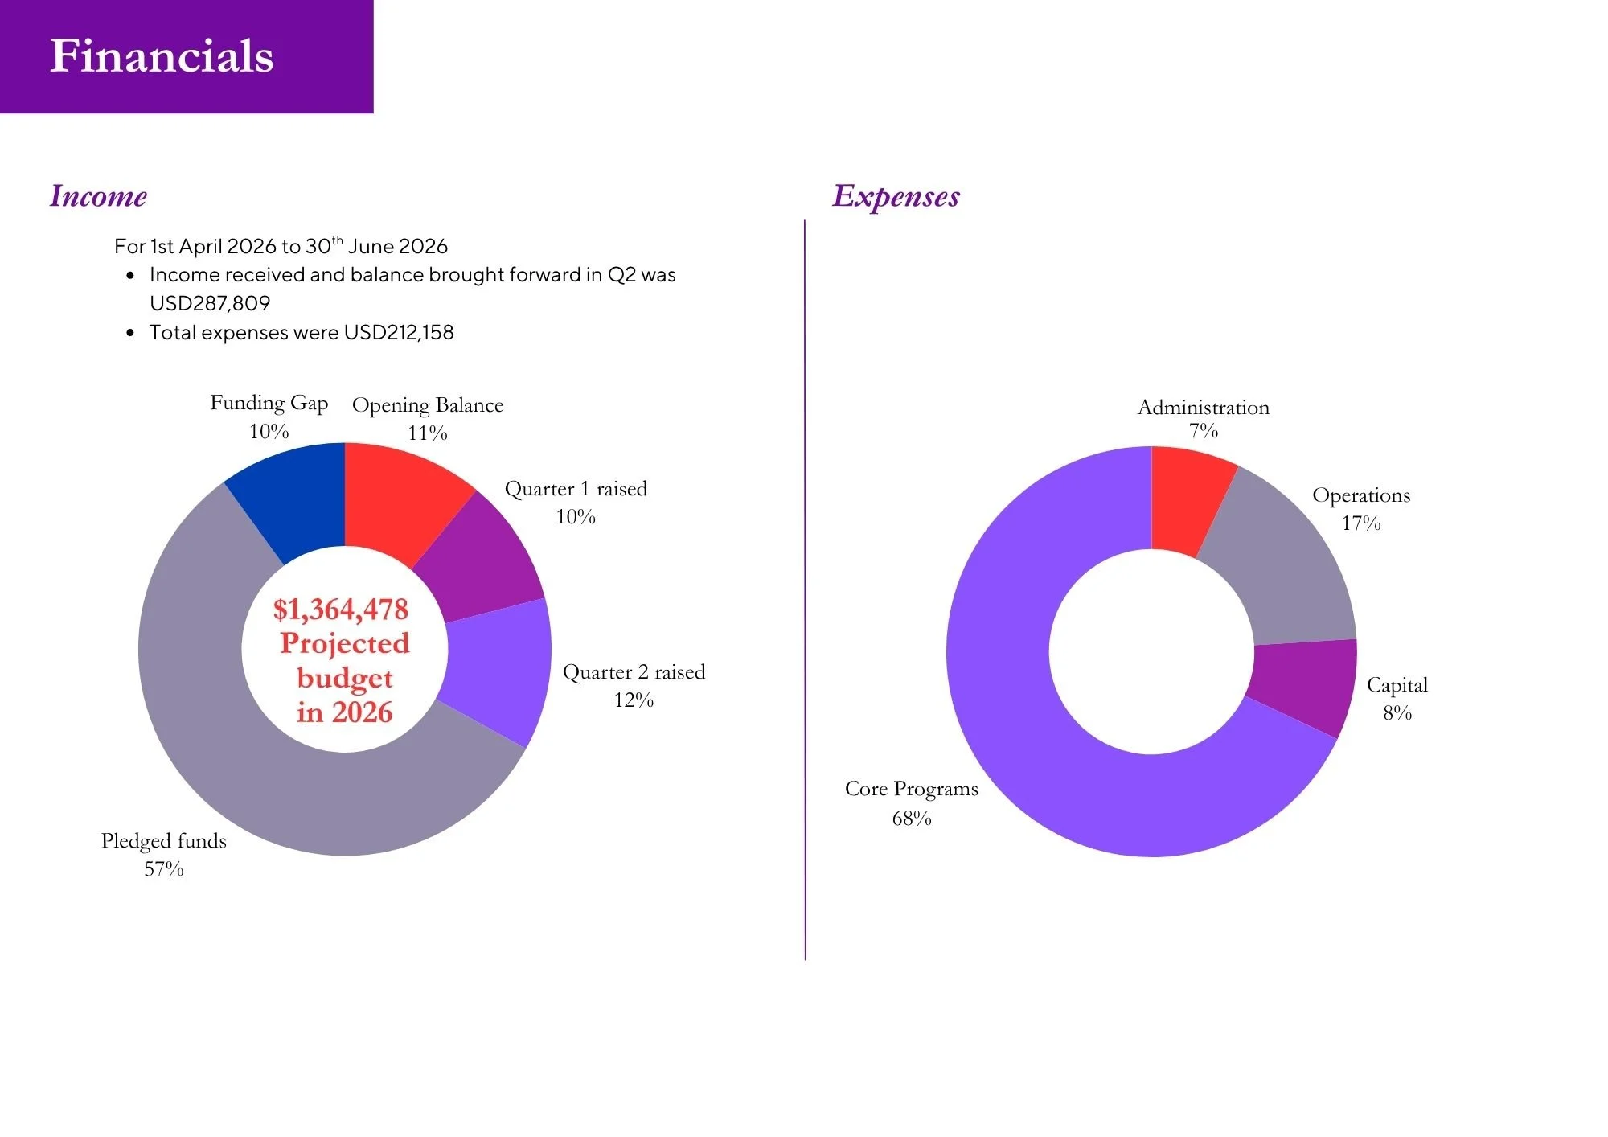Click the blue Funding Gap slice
click(x=293, y=499)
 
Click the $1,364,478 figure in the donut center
click(x=341, y=610)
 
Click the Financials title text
click(x=162, y=56)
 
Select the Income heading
click(x=98, y=196)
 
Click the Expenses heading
click(x=896, y=197)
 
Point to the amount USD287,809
click(x=210, y=303)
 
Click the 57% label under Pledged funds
click(x=164, y=869)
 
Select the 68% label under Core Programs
click(x=912, y=819)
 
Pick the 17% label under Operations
click(x=1361, y=523)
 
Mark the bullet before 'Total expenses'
click(x=130, y=333)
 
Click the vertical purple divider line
click(x=805, y=589)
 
